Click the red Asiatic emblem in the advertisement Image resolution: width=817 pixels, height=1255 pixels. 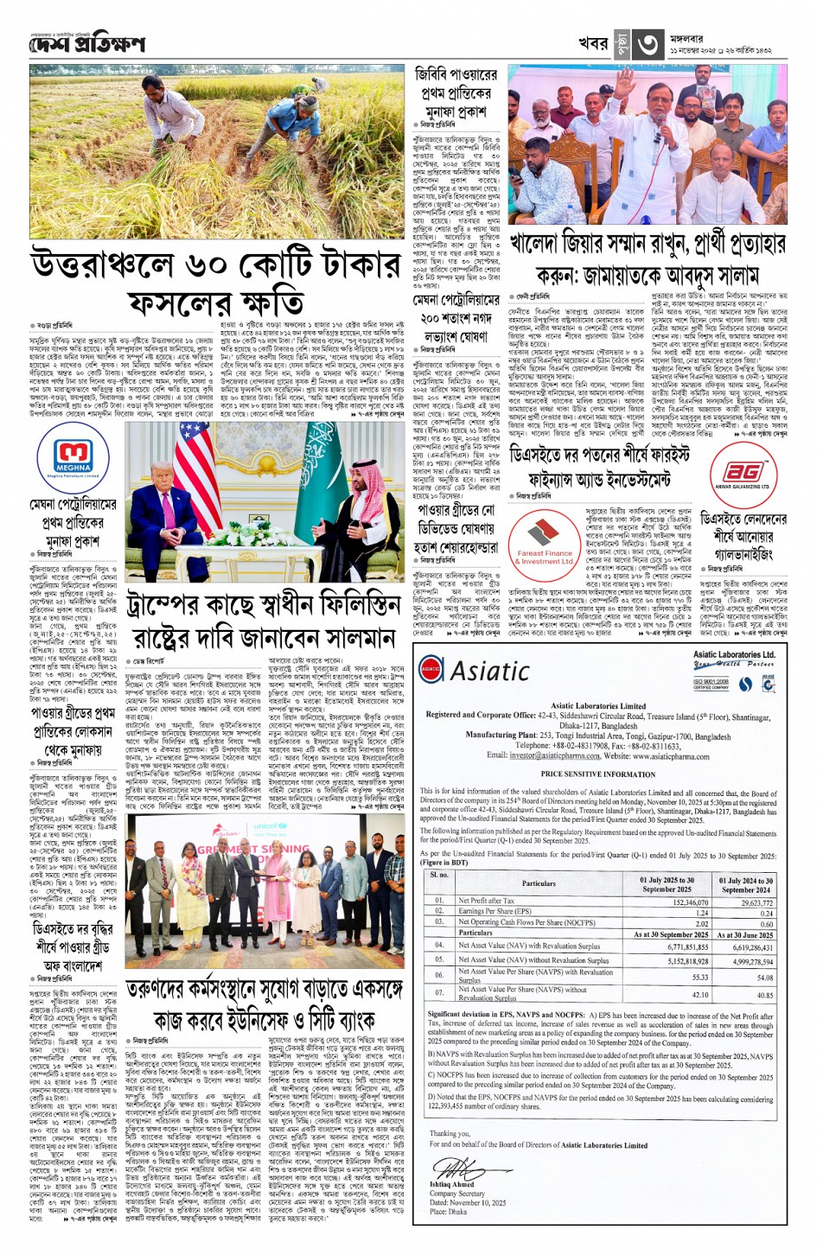(431, 669)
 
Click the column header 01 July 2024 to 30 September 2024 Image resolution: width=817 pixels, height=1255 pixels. (745, 884)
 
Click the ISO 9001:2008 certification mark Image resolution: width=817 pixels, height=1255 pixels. (711, 683)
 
